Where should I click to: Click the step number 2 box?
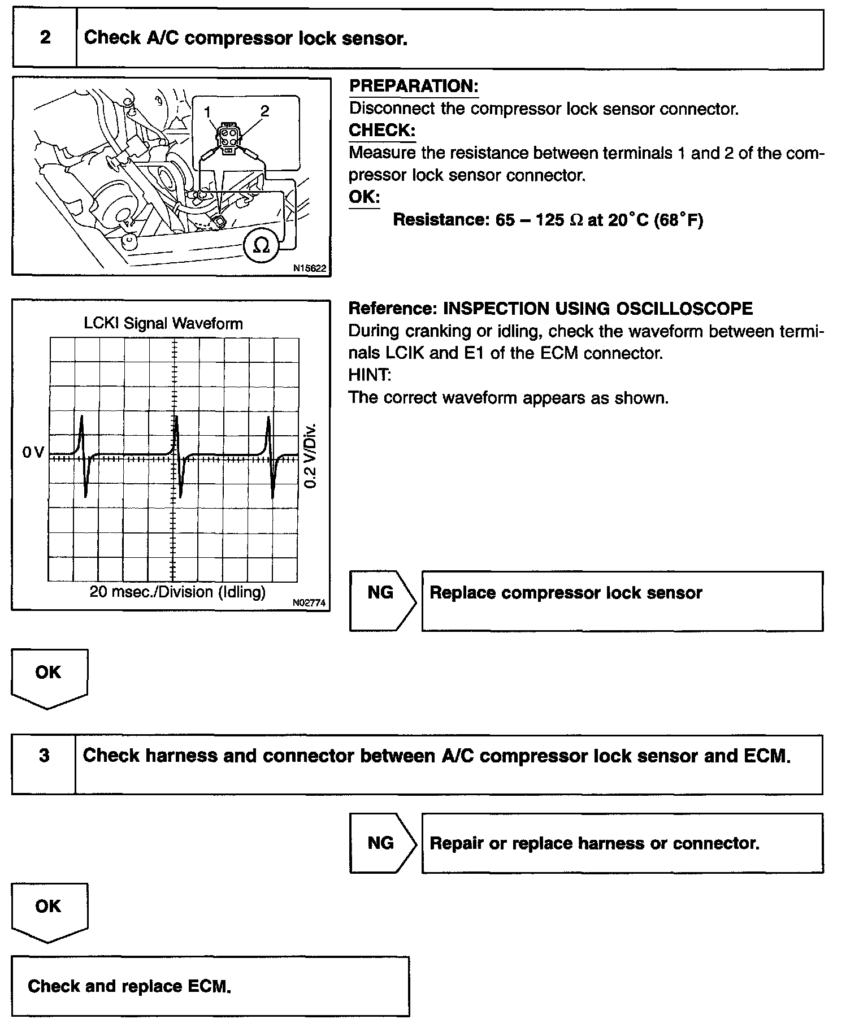click(x=45, y=38)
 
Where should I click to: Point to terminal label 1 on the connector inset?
click(x=207, y=111)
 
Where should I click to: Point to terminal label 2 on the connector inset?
click(x=264, y=111)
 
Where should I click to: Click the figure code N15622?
click(x=309, y=269)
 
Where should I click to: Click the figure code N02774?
click(x=309, y=603)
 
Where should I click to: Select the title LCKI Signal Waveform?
click(x=163, y=324)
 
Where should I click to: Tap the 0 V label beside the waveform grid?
click(x=33, y=452)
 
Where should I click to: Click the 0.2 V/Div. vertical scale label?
click(x=310, y=456)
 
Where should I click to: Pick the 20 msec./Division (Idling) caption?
click(x=177, y=592)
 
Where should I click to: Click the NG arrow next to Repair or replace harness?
click(x=382, y=843)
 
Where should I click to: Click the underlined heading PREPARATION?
click(x=414, y=86)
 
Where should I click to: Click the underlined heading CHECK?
click(x=382, y=131)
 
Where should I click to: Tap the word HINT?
click(x=370, y=375)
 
